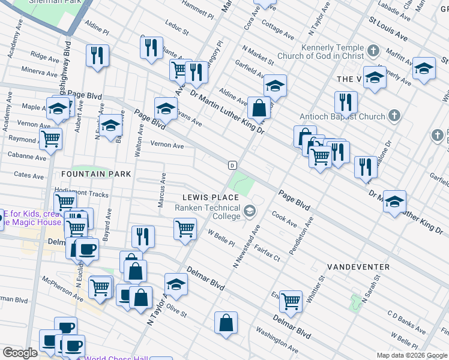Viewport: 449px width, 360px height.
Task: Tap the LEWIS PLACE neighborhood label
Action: pyautogui.click(x=211, y=197)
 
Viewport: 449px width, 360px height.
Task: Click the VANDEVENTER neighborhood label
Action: pyautogui.click(x=358, y=266)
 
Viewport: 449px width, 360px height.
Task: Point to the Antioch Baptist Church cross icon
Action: pyautogui.click(x=394, y=115)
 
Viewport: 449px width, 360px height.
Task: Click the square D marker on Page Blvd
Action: pyautogui.click(x=232, y=165)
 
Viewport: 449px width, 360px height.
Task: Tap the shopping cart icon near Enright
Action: pyautogui.click(x=291, y=301)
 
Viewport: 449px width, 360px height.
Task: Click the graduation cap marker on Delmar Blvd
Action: pyautogui.click(x=176, y=285)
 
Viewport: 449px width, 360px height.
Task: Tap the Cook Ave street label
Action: pyautogui.click(x=285, y=218)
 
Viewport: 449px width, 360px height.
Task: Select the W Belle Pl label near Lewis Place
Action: pyautogui.click(x=220, y=238)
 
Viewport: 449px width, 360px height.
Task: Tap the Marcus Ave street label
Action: pyautogui.click(x=161, y=191)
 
